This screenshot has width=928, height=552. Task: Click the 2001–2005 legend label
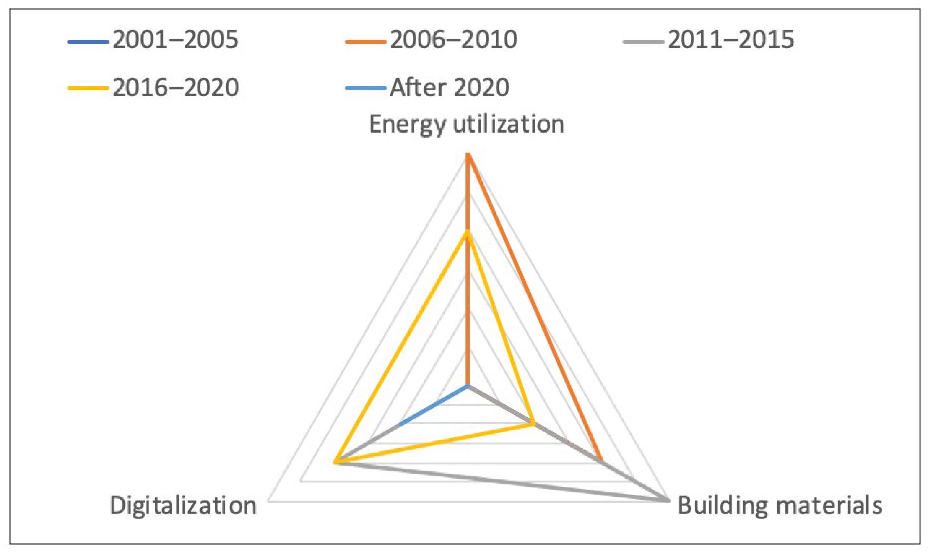[175, 40]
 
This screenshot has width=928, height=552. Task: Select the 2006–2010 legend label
[453, 40]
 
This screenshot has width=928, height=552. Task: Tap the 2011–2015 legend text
[730, 40]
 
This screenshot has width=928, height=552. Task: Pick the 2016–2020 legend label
[175, 88]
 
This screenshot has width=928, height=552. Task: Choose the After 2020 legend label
[449, 88]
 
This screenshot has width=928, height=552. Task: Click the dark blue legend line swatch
[88, 42]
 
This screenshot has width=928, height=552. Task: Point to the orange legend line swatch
[366, 42]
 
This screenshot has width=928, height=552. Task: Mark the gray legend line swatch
[643, 42]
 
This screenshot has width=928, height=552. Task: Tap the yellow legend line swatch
[88, 89]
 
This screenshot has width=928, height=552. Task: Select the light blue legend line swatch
[366, 89]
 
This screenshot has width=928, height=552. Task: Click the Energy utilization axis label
[466, 125]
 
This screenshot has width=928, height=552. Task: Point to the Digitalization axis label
[183, 505]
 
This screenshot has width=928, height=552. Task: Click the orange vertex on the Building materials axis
[601, 461]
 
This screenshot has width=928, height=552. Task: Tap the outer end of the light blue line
[400, 424]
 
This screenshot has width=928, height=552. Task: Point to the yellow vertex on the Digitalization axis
[335, 463]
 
